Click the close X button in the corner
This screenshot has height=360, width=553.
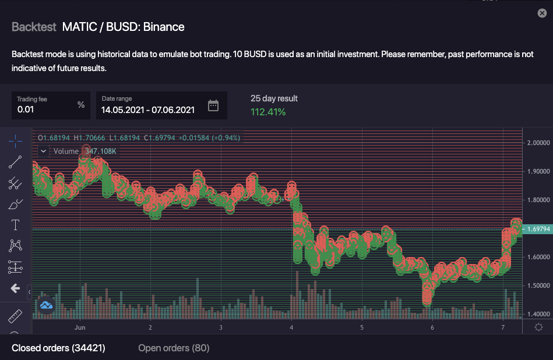[542, 13]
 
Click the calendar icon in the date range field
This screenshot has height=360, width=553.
[213, 105]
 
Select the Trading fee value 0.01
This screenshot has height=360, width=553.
[26, 109]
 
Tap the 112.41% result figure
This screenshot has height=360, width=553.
[268, 112]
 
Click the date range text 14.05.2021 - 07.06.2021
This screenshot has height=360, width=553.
[148, 110]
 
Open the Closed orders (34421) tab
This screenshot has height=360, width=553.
[58, 348]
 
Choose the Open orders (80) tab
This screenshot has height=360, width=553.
[174, 348]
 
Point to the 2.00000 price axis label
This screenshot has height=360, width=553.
[538, 143]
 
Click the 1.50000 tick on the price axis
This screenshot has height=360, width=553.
[538, 285]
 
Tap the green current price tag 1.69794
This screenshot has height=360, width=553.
[537, 229]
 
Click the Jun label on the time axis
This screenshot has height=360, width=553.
[80, 327]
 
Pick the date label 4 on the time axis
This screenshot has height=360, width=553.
[291, 327]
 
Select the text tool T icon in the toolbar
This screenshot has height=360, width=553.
[15, 225]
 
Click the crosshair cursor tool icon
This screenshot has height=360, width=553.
[16, 141]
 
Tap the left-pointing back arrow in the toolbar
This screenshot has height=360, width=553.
[16, 288]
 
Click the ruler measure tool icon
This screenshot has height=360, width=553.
[15, 316]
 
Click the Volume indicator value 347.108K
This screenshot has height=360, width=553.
[101, 151]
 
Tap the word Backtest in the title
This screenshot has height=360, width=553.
[34, 27]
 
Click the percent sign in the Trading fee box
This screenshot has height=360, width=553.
[81, 105]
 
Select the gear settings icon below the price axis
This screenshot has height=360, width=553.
[538, 327]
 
